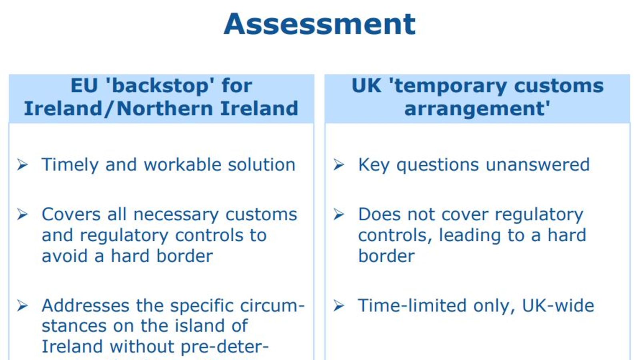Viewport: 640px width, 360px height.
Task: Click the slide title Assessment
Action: (320, 24)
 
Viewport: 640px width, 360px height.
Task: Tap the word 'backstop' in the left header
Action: (160, 86)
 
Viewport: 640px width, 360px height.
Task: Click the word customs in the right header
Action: (559, 86)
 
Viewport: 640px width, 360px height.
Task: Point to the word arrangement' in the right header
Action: (477, 108)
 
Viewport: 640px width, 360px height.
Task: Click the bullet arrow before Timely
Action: (22, 164)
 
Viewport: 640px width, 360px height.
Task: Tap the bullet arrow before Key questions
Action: (339, 164)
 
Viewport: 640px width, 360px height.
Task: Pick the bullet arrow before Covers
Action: (22, 214)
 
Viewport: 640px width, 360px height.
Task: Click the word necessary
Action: (176, 215)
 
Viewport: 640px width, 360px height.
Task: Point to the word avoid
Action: (65, 256)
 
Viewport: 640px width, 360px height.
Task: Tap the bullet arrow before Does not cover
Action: (339, 214)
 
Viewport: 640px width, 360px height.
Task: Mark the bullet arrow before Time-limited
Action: (339, 306)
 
